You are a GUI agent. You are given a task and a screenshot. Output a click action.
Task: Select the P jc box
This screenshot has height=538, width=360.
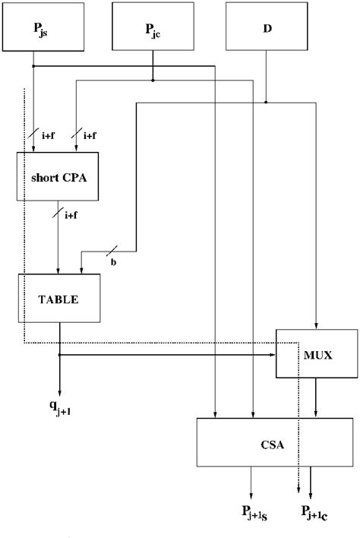153,30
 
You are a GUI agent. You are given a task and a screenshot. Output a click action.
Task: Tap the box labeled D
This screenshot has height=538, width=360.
267,30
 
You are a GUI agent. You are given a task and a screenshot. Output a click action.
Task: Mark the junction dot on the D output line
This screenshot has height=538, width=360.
267,101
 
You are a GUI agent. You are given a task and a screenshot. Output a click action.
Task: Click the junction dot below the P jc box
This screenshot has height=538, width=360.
153,80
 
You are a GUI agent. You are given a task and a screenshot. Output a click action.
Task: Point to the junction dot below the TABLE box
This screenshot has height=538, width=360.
59,354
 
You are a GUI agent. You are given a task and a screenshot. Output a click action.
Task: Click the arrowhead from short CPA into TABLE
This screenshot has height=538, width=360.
59,271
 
